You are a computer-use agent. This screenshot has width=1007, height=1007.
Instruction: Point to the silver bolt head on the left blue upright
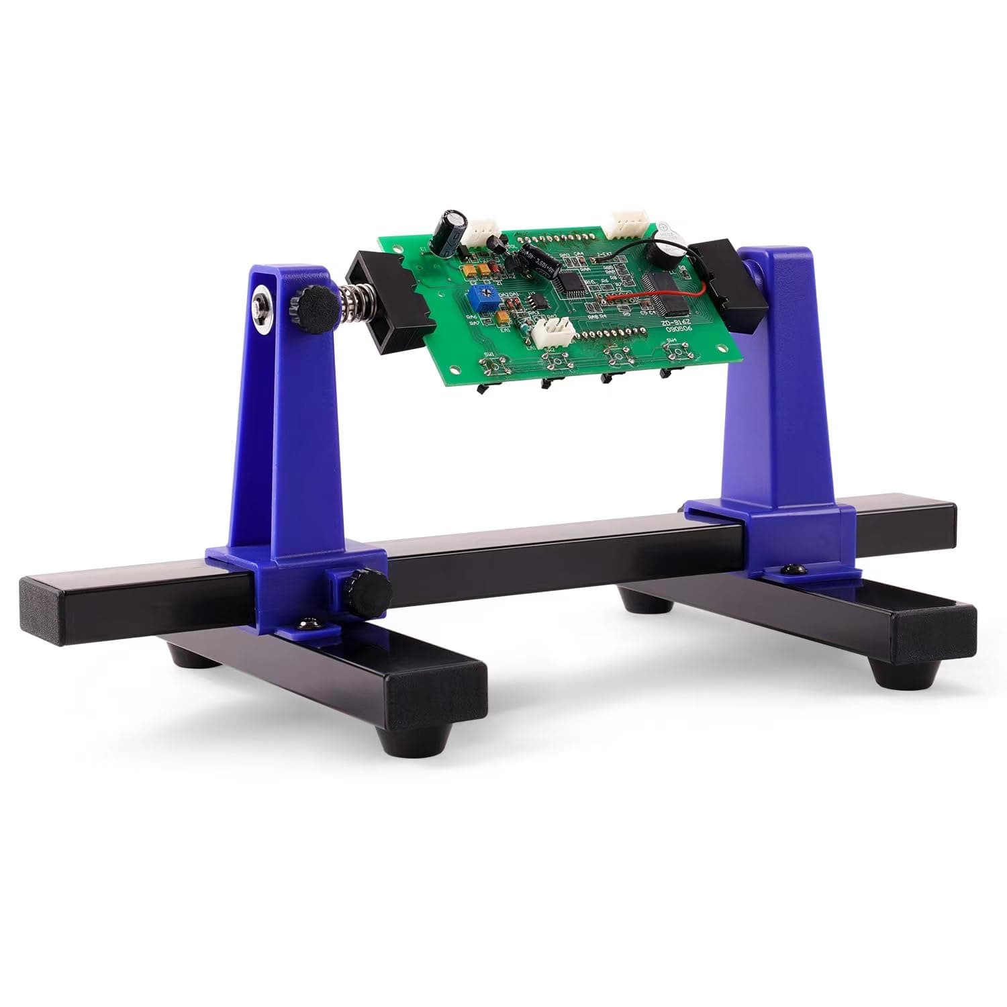[262, 305]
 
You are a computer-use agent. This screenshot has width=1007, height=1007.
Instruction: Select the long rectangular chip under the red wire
[665, 291]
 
